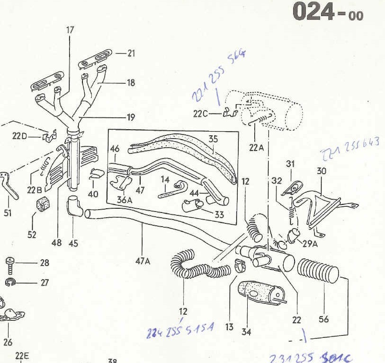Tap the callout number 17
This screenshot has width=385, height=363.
[x=70, y=30]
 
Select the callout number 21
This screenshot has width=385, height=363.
[x=131, y=53]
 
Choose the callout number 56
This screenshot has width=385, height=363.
[x=323, y=319]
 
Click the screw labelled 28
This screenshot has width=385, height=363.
[x=10, y=265]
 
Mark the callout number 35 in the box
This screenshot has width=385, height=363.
[x=213, y=139]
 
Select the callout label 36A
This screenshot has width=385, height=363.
[x=124, y=200]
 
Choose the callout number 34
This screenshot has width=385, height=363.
[x=246, y=332]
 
